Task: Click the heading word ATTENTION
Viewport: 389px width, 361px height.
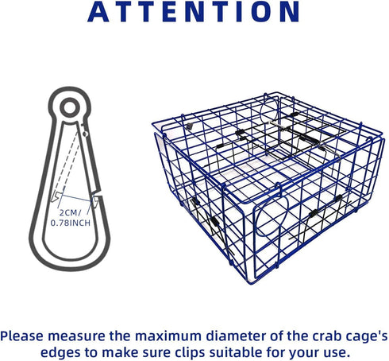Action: (194, 12)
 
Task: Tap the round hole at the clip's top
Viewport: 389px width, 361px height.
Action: (70, 108)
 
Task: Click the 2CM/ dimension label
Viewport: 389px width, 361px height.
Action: (71, 212)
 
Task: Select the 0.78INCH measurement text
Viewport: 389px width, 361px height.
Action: (71, 223)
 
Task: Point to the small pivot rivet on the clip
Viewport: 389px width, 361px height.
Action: (85, 134)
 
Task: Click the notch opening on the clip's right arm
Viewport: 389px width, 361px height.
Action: (98, 193)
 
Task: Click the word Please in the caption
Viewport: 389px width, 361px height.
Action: (22, 336)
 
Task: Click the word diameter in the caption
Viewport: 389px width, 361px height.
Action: (236, 336)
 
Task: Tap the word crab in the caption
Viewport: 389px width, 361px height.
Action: (324, 336)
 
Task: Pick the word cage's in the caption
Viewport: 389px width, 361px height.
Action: (364, 337)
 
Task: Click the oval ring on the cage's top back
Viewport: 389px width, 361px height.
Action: (269, 109)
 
